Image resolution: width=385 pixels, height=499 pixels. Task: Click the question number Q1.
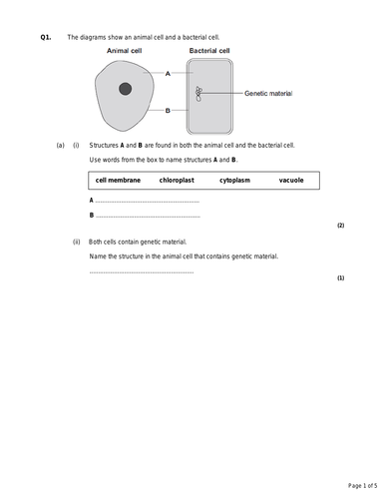(x=45, y=37)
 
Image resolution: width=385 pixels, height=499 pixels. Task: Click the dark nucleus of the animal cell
(x=125, y=90)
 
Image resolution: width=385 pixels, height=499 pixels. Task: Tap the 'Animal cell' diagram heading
(x=125, y=50)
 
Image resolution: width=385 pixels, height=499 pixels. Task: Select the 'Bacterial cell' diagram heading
(x=209, y=50)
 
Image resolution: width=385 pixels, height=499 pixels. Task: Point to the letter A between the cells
(x=169, y=73)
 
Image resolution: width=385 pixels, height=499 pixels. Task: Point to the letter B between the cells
(x=169, y=111)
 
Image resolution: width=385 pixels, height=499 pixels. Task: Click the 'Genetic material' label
(x=267, y=92)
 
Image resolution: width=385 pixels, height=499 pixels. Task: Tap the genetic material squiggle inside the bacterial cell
(x=199, y=93)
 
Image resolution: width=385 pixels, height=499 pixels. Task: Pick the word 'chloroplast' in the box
(x=176, y=181)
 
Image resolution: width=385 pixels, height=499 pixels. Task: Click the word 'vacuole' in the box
(x=291, y=181)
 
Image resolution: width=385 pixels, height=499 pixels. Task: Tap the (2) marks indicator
(x=340, y=226)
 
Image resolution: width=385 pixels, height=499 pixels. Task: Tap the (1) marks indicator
(x=340, y=278)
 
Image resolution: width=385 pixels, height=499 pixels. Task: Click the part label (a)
(x=60, y=146)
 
